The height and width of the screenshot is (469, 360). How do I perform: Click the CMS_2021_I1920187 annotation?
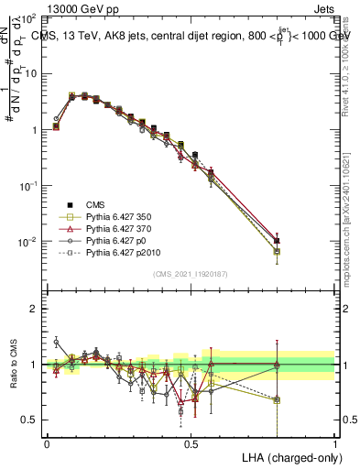(190, 273)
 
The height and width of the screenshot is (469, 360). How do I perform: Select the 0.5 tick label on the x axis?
(191, 442)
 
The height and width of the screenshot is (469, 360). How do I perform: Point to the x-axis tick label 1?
(334, 442)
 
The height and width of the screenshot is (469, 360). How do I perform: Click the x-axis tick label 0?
(47, 442)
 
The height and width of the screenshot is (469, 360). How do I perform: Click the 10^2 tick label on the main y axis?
(27, 18)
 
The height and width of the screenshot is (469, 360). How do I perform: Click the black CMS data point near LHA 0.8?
(277, 241)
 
